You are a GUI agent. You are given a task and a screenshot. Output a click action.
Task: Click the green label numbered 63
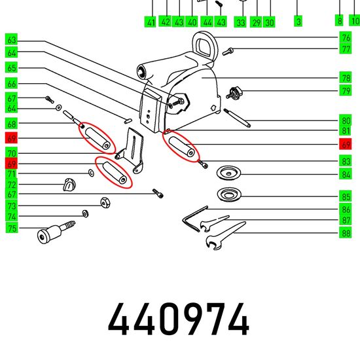[11, 40]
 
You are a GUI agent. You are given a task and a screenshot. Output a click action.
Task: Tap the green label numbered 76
[346, 37]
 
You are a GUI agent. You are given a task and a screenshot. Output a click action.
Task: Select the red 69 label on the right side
[346, 144]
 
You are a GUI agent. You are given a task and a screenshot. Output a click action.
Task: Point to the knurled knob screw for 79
[234, 92]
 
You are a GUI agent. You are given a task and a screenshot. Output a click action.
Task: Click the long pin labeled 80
[237, 118]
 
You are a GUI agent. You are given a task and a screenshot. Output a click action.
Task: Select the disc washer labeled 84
[228, 173]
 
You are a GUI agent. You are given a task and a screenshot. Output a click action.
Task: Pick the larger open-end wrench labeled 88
[224, 236]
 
